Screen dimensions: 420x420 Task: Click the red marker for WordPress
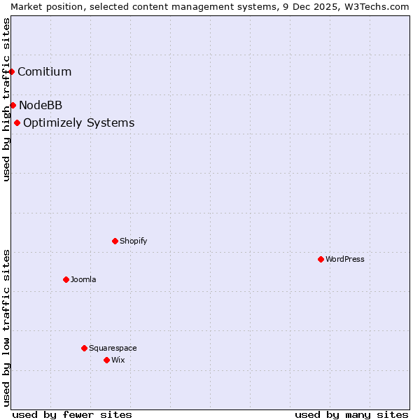(321, 259)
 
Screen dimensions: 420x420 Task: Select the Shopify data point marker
(115, 241)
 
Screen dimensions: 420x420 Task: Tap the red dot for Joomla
(66, 279)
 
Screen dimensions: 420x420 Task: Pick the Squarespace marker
(84, 348)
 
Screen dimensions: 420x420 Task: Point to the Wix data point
(106, 360)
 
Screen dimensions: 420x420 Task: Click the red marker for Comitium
(12, 71)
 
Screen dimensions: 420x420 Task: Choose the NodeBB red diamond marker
(13, 105)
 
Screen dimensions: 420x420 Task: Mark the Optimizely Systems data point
(17, 123)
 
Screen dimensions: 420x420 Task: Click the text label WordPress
(344, 259)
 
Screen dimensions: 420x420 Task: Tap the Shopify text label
(133, 241)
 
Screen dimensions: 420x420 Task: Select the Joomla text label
(83, 279)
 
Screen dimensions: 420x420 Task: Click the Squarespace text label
(113, 348)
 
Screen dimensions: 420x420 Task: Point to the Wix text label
(118, 360)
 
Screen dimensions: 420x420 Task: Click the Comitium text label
(44, 71)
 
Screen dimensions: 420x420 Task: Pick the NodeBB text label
(41, 105)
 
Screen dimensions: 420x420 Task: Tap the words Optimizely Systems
(78, 123)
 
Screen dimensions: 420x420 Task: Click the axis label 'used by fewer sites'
(72, 414)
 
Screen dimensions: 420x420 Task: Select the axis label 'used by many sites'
(351, 414)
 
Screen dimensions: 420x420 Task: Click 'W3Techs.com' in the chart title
(381, 6)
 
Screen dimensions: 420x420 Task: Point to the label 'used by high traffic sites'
(6, 99)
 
